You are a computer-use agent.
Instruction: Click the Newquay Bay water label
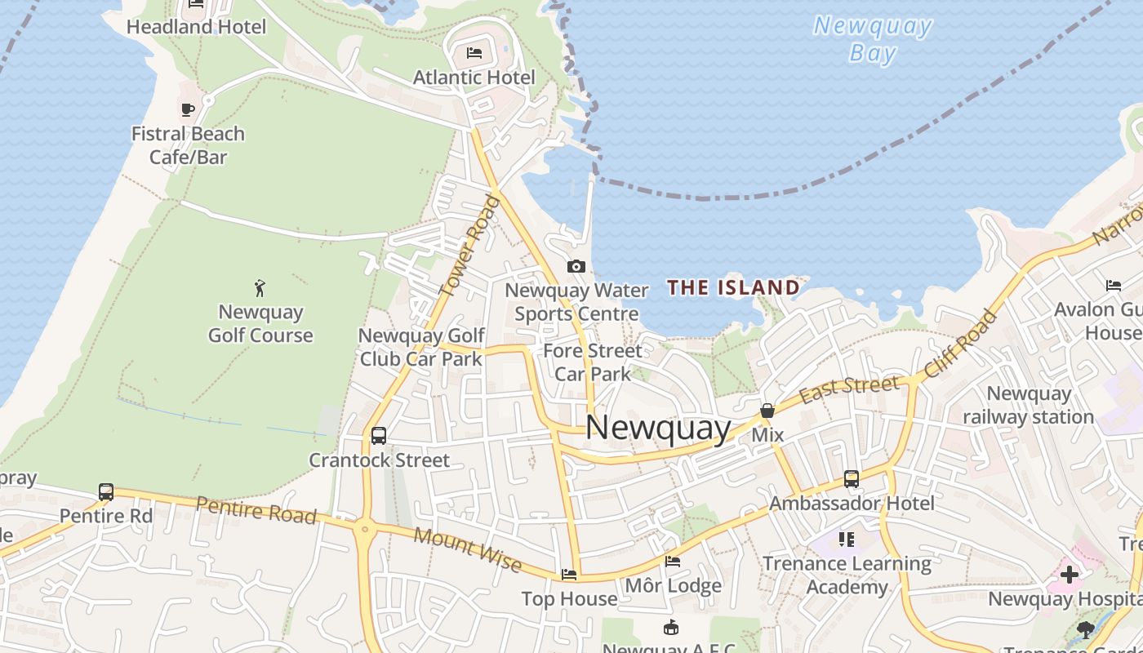pyautogui.click(x=873, y=39)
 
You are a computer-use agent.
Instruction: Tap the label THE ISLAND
pyautogui.click(x=733, y=287)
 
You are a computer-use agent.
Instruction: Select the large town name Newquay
pyautogui.click(x=658, y=428)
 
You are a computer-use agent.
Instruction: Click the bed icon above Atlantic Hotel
pyautogui.click(x=474, y=53)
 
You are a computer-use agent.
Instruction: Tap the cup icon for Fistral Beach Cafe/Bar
pyautogui.click(x=188, y=109)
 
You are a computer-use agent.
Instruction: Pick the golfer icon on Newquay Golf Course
pyautogui.click(x=260, y=287)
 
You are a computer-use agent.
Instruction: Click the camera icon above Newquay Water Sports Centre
pyautogui.click(x=576, y=267)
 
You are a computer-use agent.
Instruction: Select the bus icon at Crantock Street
pyautogui.click(x=379, y=436)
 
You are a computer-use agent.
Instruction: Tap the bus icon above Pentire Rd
pyautogui.click(x=106, y=491)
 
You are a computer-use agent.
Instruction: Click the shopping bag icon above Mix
pyautogui.click(x=767, y=411)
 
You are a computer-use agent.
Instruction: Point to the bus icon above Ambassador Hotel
pyautogui.click(x=852, y=479)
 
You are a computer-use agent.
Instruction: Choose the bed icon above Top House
pyautogui.click(x=569, y=575)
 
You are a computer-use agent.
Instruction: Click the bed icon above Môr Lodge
pyautogui.click(x=673, y=562)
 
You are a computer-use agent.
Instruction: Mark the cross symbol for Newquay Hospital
pyautogui.click(x=1069, y=574)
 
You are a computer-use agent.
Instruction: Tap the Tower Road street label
pyautogui.click(x=469, y=245)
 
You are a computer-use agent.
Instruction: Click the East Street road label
pyautogui.click(x=849, y=388)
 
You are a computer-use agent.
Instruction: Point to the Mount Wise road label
pyautogui.click(x=467, y=549)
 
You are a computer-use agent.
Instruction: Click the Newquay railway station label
pyautogui.click(x=1028, y=405)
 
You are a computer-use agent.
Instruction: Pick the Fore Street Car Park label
pyautogui.click(x=593, y=362)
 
